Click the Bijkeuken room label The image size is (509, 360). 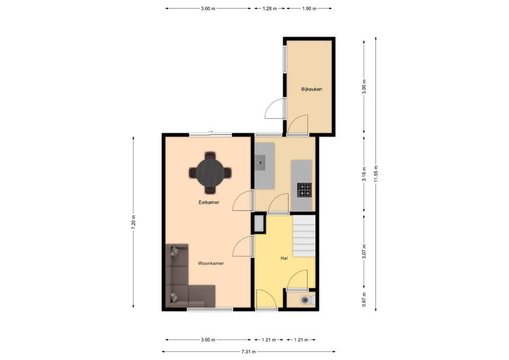coord(311,89)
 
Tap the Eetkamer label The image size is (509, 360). coord(209,202)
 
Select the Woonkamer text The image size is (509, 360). coord(210,264)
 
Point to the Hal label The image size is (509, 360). coord(284,258)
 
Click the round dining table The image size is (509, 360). coord(210,173)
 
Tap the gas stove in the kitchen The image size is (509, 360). coord(304,190)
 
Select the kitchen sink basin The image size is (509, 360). coord(260,163)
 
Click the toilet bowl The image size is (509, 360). coord(305,300)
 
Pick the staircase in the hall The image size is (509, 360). coord(304,236)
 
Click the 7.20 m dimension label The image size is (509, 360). coord(134,222)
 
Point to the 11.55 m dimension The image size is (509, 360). coord(376,174)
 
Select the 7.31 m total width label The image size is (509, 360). coord(249,351)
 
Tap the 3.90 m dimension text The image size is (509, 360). coord(364,86)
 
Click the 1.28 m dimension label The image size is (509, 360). coord(269,9)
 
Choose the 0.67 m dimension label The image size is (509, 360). coord(364,300)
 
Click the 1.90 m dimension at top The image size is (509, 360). coord(309,9)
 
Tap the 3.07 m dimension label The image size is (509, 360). coord(364,252)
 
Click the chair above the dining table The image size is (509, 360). coord(210,155)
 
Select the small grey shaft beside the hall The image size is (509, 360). coord(259,223)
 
